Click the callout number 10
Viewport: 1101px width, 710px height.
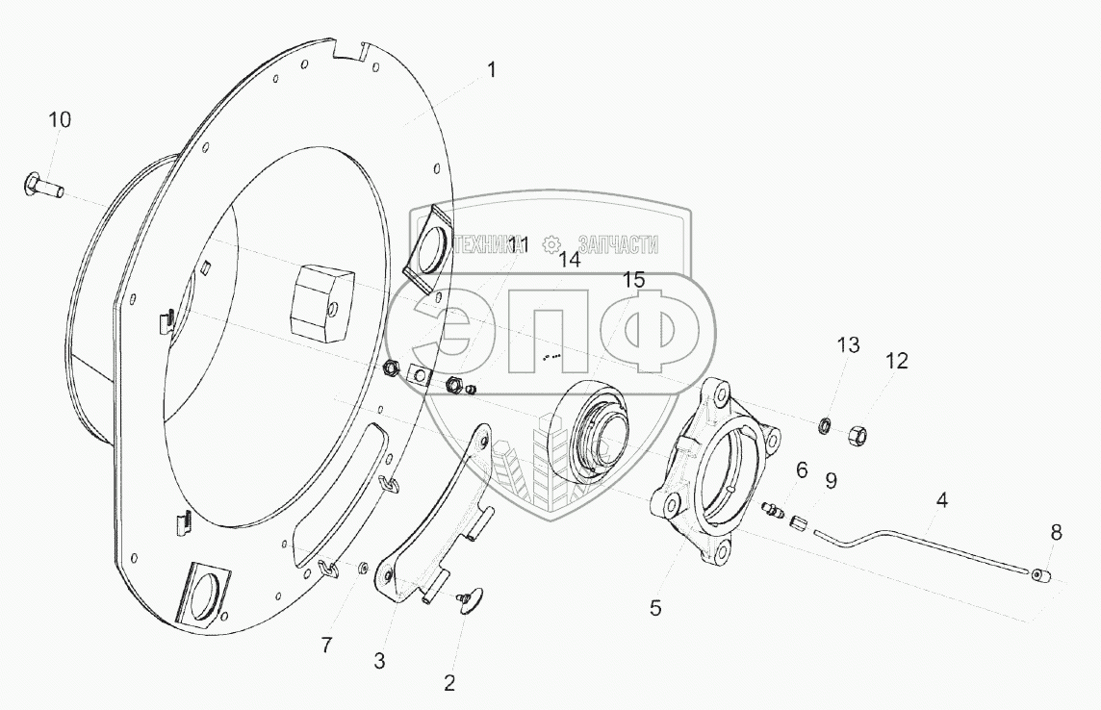click(60, 120)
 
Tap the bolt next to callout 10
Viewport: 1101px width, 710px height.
click(43, 188)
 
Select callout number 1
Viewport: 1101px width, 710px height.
click(492, 70)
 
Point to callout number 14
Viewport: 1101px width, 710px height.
click(570, 260)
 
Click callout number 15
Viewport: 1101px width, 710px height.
click(633, 281)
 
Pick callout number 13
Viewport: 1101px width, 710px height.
click(848, 345)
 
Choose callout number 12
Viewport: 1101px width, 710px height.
click(897, 362)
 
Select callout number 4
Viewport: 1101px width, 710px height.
click(941, 501)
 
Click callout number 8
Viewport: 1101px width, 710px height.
click(1056, 533)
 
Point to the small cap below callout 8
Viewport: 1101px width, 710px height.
click(1042, 576)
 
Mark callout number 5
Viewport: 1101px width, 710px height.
click(655, 608)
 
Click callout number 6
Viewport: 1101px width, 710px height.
click(802, 470)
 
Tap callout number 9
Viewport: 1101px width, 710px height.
click(832, 481)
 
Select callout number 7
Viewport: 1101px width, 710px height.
click(326, 646)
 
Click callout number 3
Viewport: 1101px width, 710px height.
click(379, 661)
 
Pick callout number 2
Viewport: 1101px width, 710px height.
click(449, 683)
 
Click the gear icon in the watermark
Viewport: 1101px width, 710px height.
click(550, 245)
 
